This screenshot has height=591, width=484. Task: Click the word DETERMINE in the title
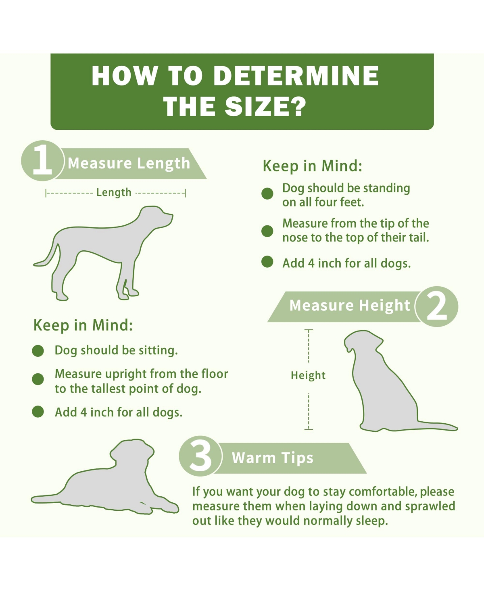[x=296, y=76]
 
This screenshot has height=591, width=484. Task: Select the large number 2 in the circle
[x=437, y=306]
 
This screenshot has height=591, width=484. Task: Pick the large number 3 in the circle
[x=200, y=456]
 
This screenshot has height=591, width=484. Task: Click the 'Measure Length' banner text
[x=129, y=163]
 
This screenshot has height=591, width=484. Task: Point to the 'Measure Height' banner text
[x=350, y=305]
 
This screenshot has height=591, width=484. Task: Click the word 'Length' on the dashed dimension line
[x=114, y=193]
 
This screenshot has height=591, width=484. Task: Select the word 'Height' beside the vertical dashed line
[x=308, y=375]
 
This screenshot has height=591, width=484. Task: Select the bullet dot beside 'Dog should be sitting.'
[x=38, y=351]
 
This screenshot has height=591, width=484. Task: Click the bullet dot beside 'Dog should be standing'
[x=267, y=194]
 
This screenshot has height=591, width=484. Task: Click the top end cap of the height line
[x=309, y=330]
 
